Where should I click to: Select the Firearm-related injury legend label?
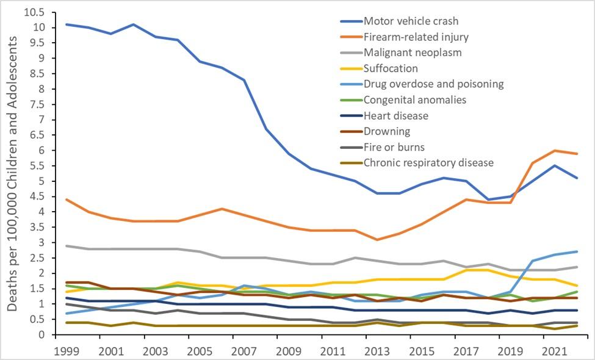pyautogui.click(x=416, y=37)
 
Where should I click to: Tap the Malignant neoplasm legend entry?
pyautogui.click(x=412, y=52)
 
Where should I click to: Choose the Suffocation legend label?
pyautogui.click(x=391, y=68)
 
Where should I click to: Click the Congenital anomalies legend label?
pyautogui.click(x=414, y=99)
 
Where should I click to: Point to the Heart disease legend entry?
pyautogui.click(x=395, y=115)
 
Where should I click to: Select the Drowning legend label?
pyautogui.click(x=386, y=131)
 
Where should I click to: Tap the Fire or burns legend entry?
pyautogui.click(x=394, y=147)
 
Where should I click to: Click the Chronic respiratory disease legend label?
pyautogui.click(x=428, y=162)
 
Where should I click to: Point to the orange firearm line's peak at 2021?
pyautogui.click(x=554, y=150)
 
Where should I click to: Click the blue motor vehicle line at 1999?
pyautogui.click(x=66, y=24)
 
